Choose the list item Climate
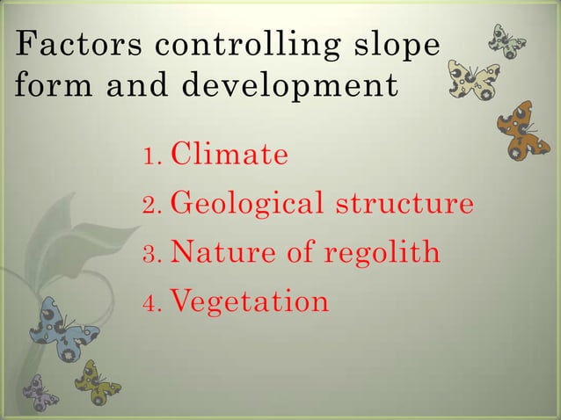[229, 156]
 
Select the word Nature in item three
[219, 253]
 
